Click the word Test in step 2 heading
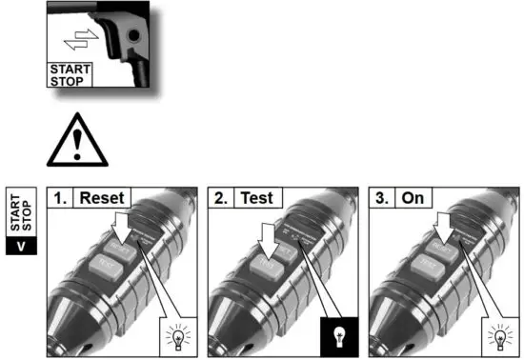[x=256, y=199]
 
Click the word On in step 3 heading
[x=413, y=199]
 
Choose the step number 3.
[x=381, y=199]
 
